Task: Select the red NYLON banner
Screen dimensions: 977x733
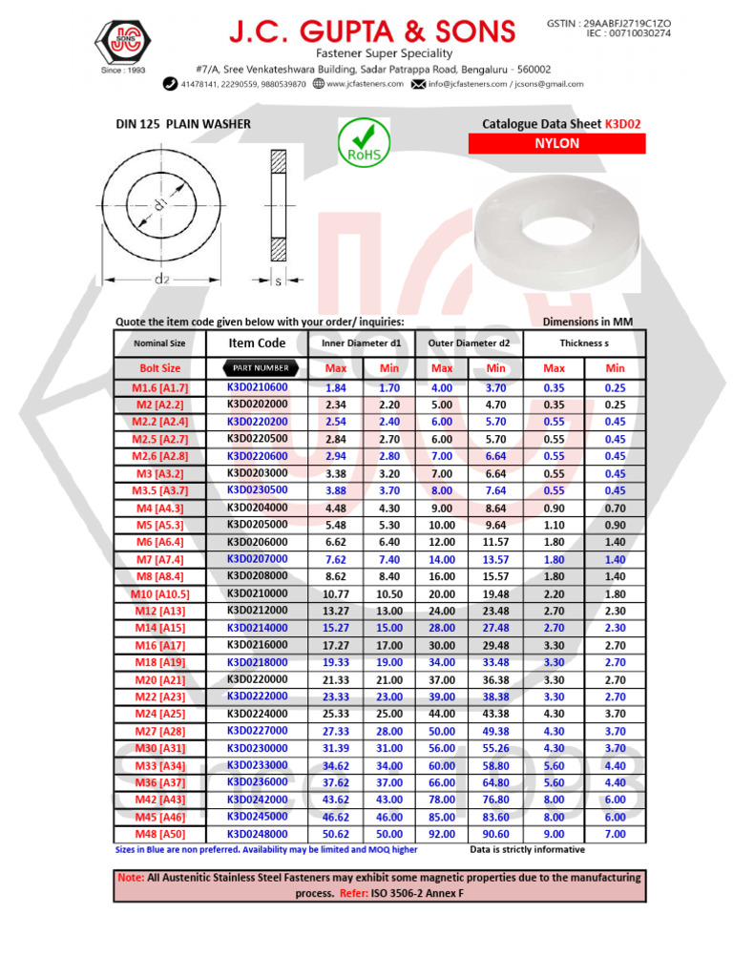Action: point(556,144)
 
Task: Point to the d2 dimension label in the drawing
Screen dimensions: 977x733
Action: point(162,279)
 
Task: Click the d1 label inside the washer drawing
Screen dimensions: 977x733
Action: point(160,203)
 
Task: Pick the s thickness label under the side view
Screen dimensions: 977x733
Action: point(278,281)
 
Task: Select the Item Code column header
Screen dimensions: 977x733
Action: point(257,343)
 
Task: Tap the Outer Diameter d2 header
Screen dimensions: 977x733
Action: point(469,343)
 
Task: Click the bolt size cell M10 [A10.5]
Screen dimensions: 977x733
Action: point(159,593)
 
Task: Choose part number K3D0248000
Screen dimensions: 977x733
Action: point(257,834)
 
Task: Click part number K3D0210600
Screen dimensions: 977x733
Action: point(257,387)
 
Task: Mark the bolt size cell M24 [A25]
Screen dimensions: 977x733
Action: point(159,714)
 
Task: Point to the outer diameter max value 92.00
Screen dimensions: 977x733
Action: point(441,834)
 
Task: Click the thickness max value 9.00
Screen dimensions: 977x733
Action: point(554,834)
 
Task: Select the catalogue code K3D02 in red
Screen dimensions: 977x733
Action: point(624,124)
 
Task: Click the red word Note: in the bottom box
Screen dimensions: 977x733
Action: point(131,877)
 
